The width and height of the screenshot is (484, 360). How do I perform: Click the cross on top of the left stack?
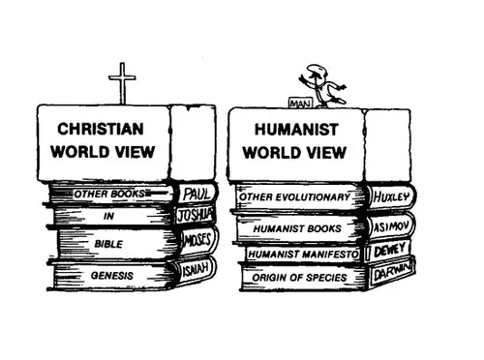pyautogui.click(x=122, y=83)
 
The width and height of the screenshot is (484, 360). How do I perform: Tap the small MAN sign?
pyautogui.click(x=301, y=104)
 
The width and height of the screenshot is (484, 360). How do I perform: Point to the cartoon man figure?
pyautogui.click(x=322, y=86)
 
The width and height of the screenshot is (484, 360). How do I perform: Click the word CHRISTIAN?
pyautogui.click(x=101, y=129)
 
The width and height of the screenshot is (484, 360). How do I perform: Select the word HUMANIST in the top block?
pyautogui.click(x=296, y=130)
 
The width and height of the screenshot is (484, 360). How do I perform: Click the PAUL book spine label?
pyautogui.click(x=197, y=194)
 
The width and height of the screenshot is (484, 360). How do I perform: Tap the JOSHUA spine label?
pyautogui.click(x=195, y=215)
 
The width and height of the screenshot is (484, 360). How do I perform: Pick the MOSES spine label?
pyautogui.click(x=197, y=241)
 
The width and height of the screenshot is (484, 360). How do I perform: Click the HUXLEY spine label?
pyautogui.click(x=391, y=196)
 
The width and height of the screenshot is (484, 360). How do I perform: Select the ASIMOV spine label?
pyautogui.click(x=391, y=226)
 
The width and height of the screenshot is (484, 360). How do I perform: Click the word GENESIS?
pyautogui.click(x=112, y=276)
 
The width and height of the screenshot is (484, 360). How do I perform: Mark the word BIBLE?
pyautogui.click(x=108, y=244)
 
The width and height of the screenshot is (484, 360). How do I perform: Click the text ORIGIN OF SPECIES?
pyautogui.click(x=299, y=278)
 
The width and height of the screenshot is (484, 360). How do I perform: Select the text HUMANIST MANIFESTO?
pyautogui.click(x=303, y=255)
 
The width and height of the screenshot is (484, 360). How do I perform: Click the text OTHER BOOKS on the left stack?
pyautogui.click(x=109, y=194)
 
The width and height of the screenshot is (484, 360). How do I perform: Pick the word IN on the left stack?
pyautogui.click(x=108, y=216)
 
